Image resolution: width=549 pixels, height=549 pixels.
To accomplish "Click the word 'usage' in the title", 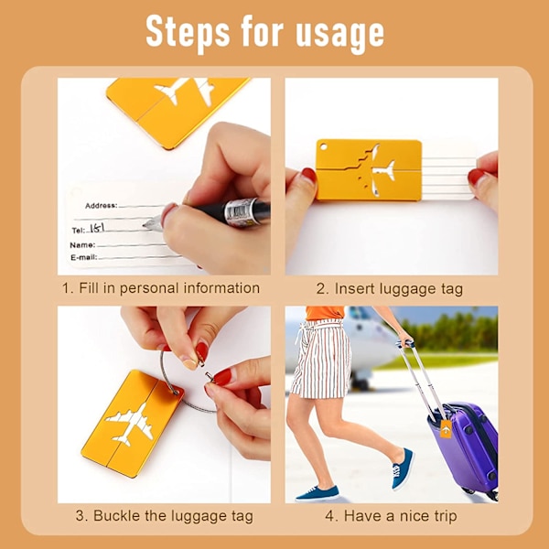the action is [x=339, y=34].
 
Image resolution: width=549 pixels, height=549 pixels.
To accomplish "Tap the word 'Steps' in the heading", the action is [x=188, y=32].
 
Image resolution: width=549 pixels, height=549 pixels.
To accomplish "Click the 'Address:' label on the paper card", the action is [x=102, y=206].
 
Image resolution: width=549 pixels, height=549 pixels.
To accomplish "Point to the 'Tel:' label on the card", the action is [x=79, y=231].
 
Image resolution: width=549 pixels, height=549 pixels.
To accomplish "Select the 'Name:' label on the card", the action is [x=82, y=245].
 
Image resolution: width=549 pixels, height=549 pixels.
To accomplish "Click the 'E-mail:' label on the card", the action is [x=83, y=258].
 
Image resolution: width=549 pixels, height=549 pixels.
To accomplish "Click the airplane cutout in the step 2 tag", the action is [x=376, y=170].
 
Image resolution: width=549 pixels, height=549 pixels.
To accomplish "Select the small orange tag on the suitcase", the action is [x=446, y=429].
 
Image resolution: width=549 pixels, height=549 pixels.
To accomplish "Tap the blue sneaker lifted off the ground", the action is [x=403, y=469].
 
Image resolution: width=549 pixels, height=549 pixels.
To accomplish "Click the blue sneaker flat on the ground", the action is [x=318, y=494].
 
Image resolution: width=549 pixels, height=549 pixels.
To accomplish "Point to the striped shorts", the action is [x=321, y=359].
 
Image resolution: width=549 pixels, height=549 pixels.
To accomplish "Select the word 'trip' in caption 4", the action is [x=444, y=517].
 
